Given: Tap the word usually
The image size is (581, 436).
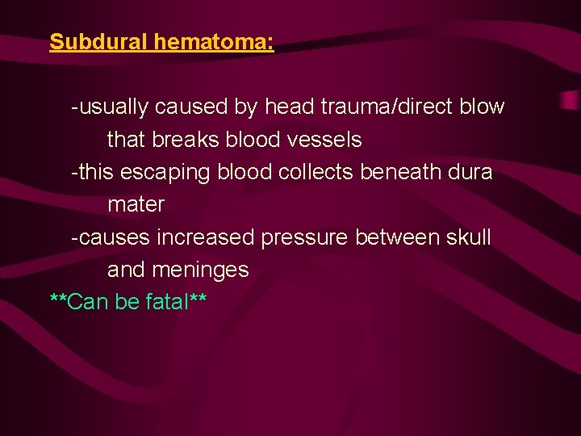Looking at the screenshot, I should tap(112, 107).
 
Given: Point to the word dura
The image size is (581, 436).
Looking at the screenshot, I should tap(471, 172).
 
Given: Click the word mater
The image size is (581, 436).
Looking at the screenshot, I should tap(136, 205).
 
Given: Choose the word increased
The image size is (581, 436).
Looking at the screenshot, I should tap(206, 237).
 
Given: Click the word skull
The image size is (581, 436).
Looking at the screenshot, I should tap(470, 237).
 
